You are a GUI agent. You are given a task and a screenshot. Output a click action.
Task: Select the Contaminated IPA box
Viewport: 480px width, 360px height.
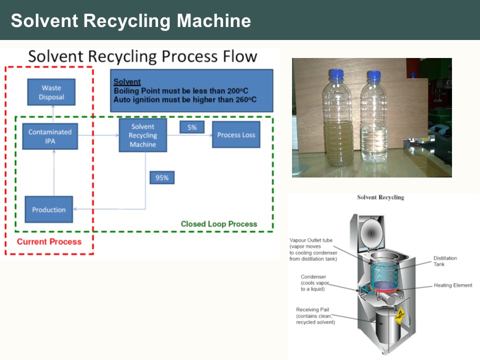pyautogui.click(x=50, y=136)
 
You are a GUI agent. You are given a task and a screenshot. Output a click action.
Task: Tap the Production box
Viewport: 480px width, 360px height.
pyautogui.click(x=49, y=209)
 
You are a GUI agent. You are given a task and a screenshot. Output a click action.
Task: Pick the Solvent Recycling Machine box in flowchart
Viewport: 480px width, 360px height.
pyautogui.click(x=142, y=135)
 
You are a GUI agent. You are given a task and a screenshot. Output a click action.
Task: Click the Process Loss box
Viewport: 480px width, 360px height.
pyautogui.click(x=236, y=134)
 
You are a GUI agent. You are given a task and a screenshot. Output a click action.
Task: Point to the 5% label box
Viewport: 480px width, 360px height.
pyautogui.click(x=192, y=127)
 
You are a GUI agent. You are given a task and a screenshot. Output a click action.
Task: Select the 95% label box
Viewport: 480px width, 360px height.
pyautogui.click(x=161, y=177)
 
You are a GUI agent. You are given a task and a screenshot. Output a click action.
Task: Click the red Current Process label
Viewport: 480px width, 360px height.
pyautogui.click(x=49, y=242)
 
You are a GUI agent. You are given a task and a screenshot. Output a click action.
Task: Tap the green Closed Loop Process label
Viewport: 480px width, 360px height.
pyautogui.click(x=219, y=224)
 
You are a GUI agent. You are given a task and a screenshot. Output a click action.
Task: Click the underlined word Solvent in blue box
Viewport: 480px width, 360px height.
pyautogui.click(x=127, y=82)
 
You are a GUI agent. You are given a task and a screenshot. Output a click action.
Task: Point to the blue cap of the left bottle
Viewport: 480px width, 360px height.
pyautogui.click(x=336, y=75)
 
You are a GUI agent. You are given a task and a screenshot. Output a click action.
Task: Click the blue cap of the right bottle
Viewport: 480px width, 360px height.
pyautogui.click(x=374, y=76)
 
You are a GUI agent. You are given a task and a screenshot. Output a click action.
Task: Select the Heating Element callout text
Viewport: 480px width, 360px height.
pyautogui.click(x=453, y=285)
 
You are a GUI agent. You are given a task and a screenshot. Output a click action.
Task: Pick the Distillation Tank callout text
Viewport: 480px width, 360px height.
pyautogui.click(x=445, y=261)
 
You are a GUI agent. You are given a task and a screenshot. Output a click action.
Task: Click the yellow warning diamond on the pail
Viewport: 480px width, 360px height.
pyautogui.click(x=399, y=315)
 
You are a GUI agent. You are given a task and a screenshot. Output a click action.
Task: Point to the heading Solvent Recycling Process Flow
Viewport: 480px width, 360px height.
pyautogui.click(x=142, y=56)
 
